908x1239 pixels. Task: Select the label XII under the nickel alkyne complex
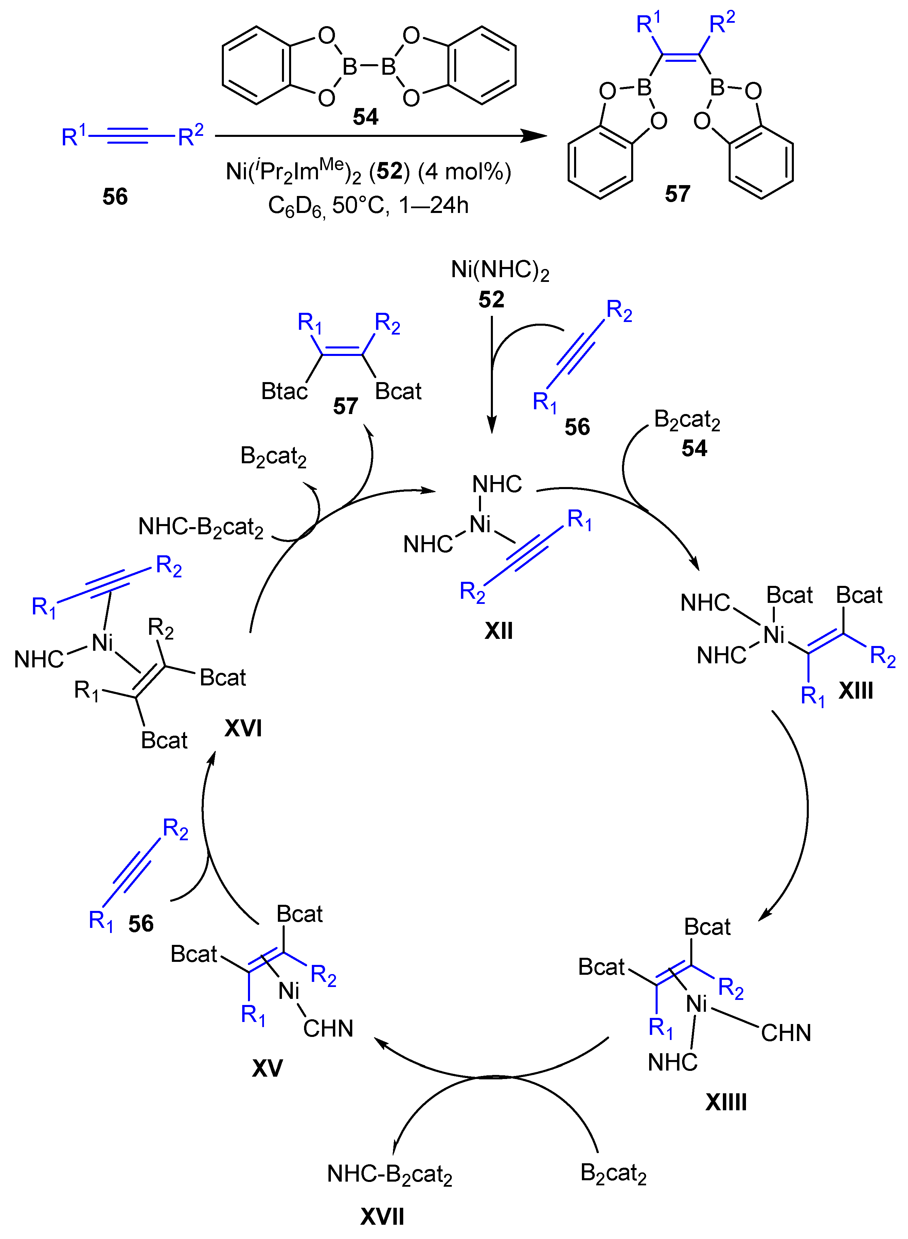pos(499,631)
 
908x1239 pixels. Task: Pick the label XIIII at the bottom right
pos(726,1102)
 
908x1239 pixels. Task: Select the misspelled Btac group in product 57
pos(284,392)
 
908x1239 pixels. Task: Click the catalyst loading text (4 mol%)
pos(464,172)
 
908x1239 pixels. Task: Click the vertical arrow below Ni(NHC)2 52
pos(492,374)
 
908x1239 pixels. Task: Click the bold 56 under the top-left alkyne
pos(115,197)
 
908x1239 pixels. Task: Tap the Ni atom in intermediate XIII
pos(774,635)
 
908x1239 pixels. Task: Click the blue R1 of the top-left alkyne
pos(74,136)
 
